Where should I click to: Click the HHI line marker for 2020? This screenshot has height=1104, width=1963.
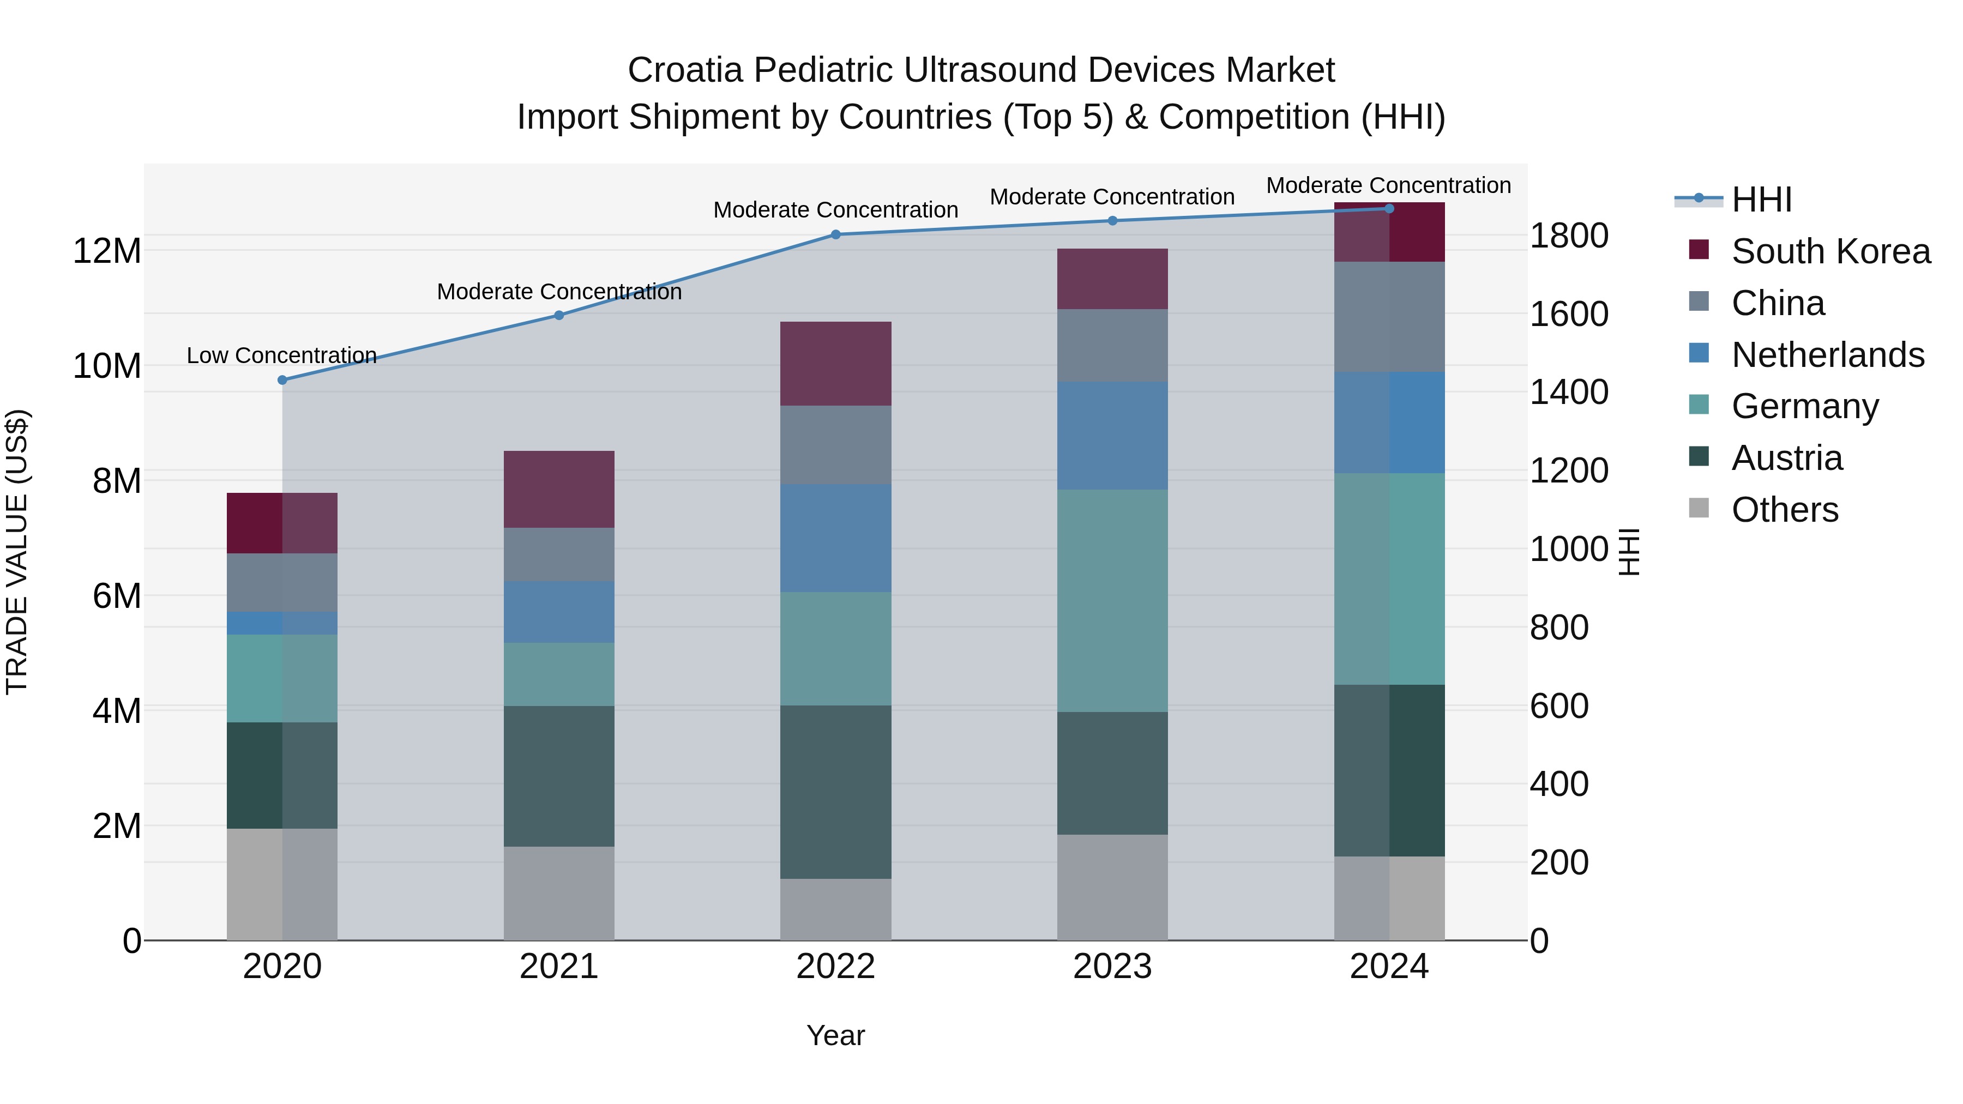(x=282, y=380)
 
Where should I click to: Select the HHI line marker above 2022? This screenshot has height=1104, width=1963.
(x=836, y=234)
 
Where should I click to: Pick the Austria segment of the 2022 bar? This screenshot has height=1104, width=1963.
(x=836, y=792)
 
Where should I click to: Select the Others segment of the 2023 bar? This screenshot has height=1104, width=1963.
(x=1112, y=887)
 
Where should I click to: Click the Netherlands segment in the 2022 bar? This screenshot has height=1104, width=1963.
(x=836, y=538)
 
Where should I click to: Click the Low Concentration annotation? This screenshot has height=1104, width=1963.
(x=282, y=356)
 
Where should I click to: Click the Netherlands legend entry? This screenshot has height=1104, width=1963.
(x=1827, y=355)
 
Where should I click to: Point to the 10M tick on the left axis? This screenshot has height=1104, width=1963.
(x=107, y=366)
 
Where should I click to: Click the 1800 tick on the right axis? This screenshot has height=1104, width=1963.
(x=1569, y=236)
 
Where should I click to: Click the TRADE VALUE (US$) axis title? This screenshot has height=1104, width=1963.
(x=17, y=552)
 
